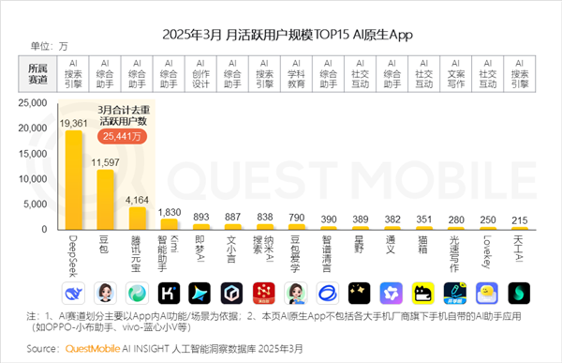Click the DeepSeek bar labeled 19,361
pyautogui.click(x=73, y=180)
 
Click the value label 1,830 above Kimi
pyautogui.click(x=170, y=212)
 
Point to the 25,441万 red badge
pyautogui.click(x=126, y=137)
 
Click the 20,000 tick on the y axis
pyautogui.click(x=44, y=128)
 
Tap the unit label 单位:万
pyautogui.click(x=49, y=45)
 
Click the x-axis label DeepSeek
pyautogui.click(x=73, y=255)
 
